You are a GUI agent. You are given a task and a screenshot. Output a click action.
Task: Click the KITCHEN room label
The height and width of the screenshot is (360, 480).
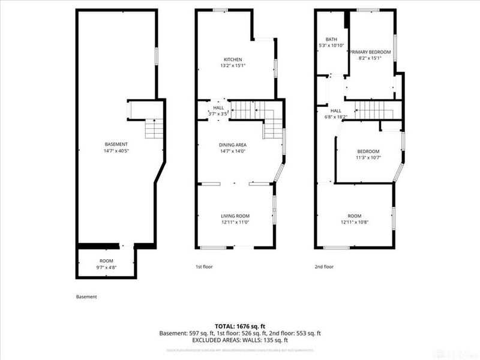pos(233,59)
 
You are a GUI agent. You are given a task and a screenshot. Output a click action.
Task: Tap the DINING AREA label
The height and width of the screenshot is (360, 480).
pos(233,145)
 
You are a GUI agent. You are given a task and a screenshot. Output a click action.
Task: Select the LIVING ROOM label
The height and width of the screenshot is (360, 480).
pos(235,216)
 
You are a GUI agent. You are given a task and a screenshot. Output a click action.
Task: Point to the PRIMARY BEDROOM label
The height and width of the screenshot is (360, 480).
pos(370,52)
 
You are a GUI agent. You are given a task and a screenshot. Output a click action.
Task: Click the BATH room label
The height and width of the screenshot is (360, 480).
pos(331,40)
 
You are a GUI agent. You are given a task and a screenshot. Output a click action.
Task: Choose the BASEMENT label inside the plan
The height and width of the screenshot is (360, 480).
pos(116,144)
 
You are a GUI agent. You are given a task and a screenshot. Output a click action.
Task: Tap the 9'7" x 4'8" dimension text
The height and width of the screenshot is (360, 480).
pos(107,267)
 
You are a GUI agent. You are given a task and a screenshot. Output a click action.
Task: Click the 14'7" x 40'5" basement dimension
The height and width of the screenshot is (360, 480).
pos(116,151)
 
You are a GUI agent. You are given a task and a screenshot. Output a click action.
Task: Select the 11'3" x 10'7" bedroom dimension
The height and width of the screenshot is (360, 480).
pos(368,158)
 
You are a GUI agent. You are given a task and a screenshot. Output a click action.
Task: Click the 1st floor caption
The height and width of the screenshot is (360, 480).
pos(204,266)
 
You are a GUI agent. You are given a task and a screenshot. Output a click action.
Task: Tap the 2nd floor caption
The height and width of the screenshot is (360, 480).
pos(324,266)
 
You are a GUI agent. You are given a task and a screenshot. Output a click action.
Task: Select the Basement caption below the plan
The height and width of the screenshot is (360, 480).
pos(86,296)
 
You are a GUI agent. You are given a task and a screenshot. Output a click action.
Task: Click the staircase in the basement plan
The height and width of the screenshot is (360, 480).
pos(154,128)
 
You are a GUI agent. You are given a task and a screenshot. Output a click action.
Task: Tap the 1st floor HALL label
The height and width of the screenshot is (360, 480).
pos(218,107)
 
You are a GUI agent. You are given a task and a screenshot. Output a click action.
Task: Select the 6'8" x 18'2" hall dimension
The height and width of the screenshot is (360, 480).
pos(335,117)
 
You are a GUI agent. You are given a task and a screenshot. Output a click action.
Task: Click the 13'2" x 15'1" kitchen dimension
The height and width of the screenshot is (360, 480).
pos(233,66)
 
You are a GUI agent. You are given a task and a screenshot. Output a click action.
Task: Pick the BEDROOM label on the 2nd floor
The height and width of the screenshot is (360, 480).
pos(368,151)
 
